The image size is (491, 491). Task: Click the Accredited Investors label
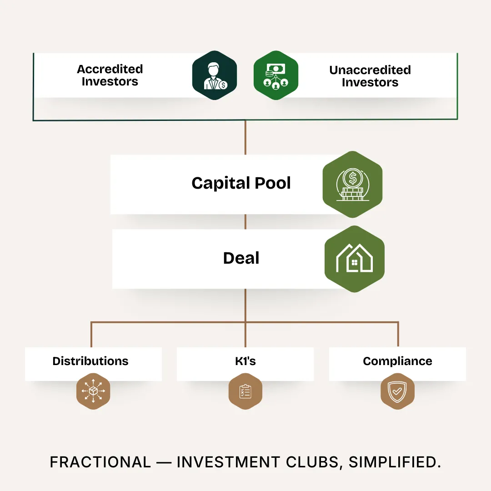[110, 75]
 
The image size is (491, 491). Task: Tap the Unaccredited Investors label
[370, 76]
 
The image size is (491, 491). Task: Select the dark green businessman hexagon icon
[215, 75]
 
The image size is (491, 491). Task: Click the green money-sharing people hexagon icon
[276, 75]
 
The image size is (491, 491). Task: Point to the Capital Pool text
[241, 183]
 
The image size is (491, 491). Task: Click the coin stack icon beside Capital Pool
[352, 184]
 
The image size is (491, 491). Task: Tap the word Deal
[241, 258]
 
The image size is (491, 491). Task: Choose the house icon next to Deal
[354, 259]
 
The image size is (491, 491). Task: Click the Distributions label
[90, 361]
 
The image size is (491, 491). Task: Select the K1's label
[245, 361]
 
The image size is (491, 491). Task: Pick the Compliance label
[397, 361]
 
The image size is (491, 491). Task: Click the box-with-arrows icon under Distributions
[93, 391]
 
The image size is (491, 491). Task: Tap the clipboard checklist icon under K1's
[245, 391]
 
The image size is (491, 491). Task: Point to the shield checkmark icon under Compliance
[397, 391]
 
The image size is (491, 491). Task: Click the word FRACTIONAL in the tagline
[100, 462]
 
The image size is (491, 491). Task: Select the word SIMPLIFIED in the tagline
[395, 462]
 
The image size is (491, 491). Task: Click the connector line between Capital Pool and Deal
[245, 221]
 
